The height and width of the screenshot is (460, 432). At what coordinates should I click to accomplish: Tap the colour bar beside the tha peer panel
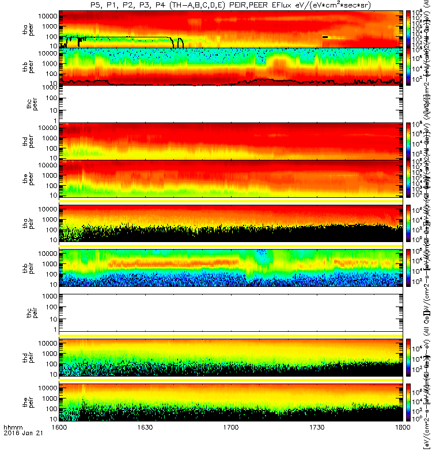409,28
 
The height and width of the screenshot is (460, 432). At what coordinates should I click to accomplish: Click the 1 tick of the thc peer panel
55,120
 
